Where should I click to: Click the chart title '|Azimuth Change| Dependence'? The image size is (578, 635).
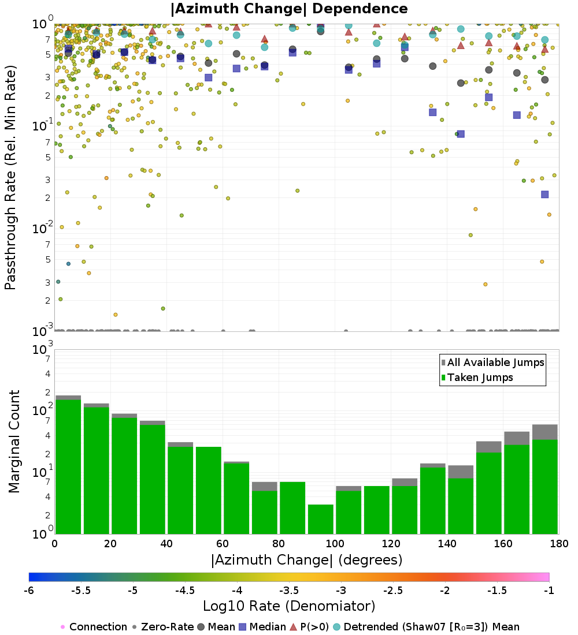(x=289, y=9)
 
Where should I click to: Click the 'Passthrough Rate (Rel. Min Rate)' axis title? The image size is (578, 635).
(x=10, y=177)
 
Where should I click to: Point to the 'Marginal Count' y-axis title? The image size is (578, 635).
(x=14, y=442)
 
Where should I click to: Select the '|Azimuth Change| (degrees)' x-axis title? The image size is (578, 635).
(x=307, y=560)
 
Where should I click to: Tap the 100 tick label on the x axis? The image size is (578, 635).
(x=335, y=543)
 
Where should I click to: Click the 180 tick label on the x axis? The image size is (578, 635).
(x=559, y=543)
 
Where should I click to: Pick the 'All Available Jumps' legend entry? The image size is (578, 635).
(x=492, y=363)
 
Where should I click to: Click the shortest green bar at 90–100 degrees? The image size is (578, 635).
(x=320, y=519)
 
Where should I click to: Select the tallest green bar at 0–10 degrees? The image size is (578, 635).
(x=68, y=466)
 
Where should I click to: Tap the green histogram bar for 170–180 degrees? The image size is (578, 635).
(x=544, y=487)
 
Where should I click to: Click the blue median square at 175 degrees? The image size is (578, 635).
(x=544, y=195)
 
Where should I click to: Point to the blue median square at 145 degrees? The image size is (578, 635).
(x=461, y=134)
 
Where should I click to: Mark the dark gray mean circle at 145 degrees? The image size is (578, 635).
(x=461, y=83)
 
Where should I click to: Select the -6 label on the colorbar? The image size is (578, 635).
(x=29, y=591)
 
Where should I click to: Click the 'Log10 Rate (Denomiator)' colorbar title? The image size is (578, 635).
(x=289, y=606)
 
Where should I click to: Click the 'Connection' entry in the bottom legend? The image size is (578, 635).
(x=94, y=627)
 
